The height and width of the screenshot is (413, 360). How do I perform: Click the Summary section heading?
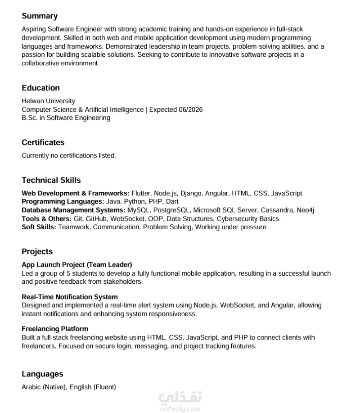pyautogui.click(x=40, y=16)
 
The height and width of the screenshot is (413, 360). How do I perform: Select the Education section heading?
pyautogui.click(x=40, y=88)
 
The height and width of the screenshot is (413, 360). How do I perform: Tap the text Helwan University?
pyautogui.click(x=48, y=101)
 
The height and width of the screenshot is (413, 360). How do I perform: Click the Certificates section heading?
pyautogui.click(x=43, y=142)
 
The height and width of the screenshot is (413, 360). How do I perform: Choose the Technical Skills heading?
pyautogui.click(x=51, y=180)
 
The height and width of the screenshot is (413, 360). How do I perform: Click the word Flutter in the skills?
pyautogui.click(x=142, y=193)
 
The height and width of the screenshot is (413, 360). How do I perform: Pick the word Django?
pyautogui.click(x=192, y=193)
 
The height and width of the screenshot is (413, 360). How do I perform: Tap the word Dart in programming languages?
pyautogui.click(x=172, y=202)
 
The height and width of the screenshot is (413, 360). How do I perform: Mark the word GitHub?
pyautogui.click(x=96, y=219)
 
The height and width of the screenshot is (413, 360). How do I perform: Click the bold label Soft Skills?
pyautogui.click(x=39, y=227)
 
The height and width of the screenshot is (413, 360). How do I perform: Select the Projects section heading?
pyautogui.click(x=37, y=252)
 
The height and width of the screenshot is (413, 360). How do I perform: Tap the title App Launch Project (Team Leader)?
pyautogui.click(x=76, y=265)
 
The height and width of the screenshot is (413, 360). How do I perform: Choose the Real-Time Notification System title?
pyautogui.click(x=70, y=297)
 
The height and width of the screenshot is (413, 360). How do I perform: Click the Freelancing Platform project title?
pyautogui.click(x=55, y=329)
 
